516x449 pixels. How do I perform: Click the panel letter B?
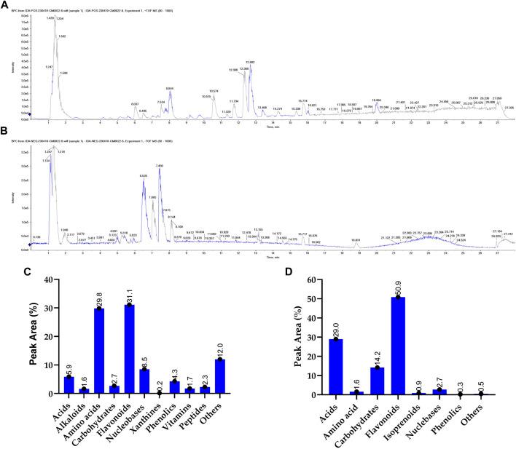(x=6, y=133)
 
